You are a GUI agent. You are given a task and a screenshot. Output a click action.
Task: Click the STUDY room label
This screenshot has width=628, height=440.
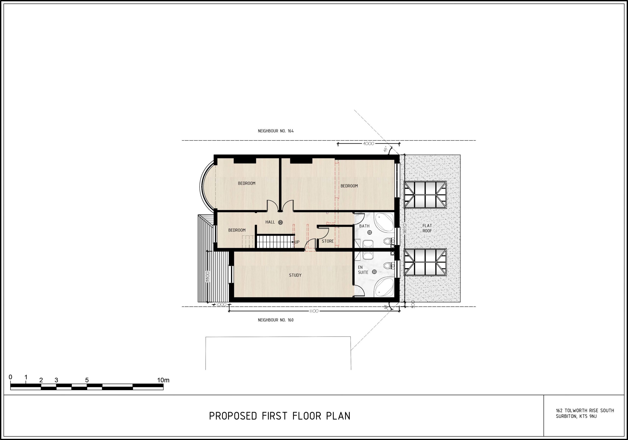tap(295, 275)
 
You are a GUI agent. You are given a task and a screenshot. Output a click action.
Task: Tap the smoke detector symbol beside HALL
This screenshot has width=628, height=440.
tap(280, 222)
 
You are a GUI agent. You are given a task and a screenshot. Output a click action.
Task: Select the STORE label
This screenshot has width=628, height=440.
tap(328, 241)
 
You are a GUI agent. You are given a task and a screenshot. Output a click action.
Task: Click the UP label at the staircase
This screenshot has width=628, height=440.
tap(297, 242)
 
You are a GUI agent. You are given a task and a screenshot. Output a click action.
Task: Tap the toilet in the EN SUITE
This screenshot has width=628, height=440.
tap(389, 265)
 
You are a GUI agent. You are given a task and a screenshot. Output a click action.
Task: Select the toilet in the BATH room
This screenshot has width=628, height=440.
tap(389, 241)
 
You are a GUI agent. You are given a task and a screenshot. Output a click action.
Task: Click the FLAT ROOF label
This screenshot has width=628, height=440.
tap(427, 228)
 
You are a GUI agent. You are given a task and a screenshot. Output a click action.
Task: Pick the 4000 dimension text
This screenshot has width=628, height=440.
tap(368, 143)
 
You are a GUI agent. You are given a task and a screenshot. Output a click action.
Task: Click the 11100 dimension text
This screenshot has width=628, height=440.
tap(314, 311)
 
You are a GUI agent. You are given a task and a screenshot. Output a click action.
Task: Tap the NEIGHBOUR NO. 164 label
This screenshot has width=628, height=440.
tap(276, 131)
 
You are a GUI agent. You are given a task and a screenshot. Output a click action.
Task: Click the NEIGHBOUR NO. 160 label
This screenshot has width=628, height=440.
tap(276, 320)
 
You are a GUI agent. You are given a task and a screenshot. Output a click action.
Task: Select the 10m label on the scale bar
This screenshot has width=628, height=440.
tap(163, 380)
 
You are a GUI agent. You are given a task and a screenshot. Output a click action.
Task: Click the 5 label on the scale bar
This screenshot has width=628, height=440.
tap(87, 380)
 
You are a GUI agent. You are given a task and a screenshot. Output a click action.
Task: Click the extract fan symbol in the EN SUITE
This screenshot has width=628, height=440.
tap(374, 272)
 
